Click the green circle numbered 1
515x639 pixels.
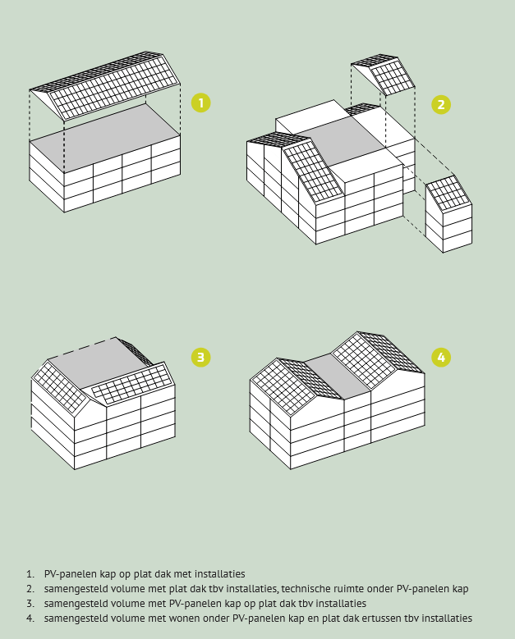click(200, 103)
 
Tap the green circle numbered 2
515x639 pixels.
click(441, 105)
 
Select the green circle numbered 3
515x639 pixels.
click(200, 358)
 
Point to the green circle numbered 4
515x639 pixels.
click(441, 358)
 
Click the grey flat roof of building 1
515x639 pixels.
click(105, 139)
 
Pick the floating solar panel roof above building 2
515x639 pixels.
click(383, 74)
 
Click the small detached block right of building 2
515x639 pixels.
click(449, 214)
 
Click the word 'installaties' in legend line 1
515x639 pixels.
click(219, 574)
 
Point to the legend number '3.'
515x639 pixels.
click(30, 603)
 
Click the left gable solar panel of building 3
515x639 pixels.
click(59, 387)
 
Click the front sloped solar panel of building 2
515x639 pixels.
click(313, 171)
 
